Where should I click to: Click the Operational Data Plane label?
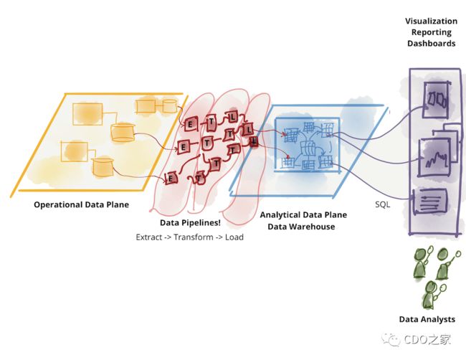81,204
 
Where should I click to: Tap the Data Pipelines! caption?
190,222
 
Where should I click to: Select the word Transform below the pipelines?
194,237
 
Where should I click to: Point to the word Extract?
148,237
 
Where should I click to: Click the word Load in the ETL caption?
234,237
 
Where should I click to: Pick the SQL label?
383,204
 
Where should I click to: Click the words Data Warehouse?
301,227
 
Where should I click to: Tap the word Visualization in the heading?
431,21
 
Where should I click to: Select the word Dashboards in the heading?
431,44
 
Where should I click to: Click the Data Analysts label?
427,319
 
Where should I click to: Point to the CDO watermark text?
427,339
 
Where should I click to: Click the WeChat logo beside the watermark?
391,340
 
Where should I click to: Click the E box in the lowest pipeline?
171,179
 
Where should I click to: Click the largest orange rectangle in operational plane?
87,114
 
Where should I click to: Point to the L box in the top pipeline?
232,117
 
